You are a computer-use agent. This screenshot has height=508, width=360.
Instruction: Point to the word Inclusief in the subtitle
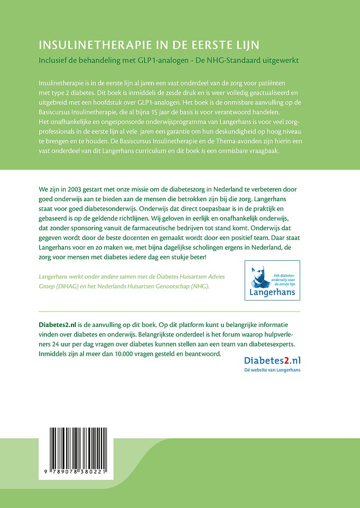[54, 60]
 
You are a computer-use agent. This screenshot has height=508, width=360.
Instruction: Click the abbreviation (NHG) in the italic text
[199, 286]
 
